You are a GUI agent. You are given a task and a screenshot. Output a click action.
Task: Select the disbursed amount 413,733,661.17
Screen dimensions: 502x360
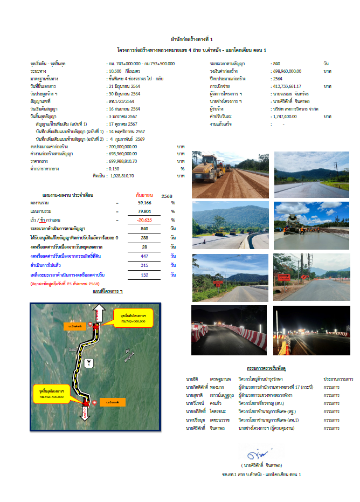[x=288, y=86]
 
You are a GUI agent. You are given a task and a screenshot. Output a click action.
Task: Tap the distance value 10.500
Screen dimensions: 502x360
[x=115, y=71]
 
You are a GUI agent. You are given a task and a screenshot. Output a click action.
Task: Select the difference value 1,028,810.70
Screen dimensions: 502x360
[x=121, y=176]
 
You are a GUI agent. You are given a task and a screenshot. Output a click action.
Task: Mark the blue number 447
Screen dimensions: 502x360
[x=144, y=256]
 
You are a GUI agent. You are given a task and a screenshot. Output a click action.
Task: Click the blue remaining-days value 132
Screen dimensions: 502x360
[x=144, y=274]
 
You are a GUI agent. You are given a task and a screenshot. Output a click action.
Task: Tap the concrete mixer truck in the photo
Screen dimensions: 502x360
[x=294, y=222]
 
